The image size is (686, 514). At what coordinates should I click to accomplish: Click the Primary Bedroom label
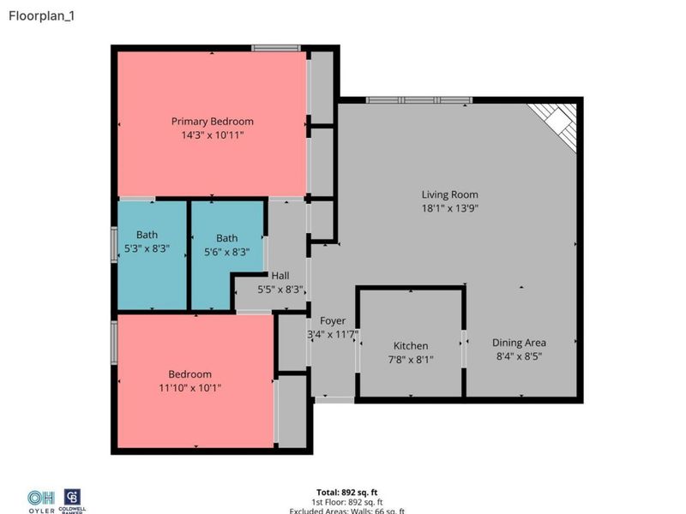click(212, 122)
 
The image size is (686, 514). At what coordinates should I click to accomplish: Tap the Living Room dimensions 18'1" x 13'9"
click(449, 208)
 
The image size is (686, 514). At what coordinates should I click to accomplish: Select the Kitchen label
click(411, 346)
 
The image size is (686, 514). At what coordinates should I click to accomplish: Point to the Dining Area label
click(520, 343)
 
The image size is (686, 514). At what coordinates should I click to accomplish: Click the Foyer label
click(333, 321)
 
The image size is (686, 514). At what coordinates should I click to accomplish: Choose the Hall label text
click(280, 276)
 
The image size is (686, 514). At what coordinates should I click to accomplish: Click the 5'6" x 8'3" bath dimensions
click(226, 252)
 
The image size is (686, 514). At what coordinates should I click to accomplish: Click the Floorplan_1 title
click(41, 15)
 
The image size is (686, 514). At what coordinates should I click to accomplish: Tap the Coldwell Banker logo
click(74, 501)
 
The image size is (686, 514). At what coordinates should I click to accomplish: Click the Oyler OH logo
click(40, 501)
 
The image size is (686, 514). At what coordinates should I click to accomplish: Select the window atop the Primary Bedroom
click(275, 48)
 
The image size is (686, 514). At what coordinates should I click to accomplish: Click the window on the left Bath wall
click(114, 244)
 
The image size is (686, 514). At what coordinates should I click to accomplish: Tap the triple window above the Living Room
click(418, 100)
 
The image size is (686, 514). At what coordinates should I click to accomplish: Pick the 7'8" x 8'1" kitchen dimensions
click(411, 360)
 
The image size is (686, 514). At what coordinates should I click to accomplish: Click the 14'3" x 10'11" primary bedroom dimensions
click(212, 135)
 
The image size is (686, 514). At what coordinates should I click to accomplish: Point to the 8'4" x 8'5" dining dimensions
click(520, 356)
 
